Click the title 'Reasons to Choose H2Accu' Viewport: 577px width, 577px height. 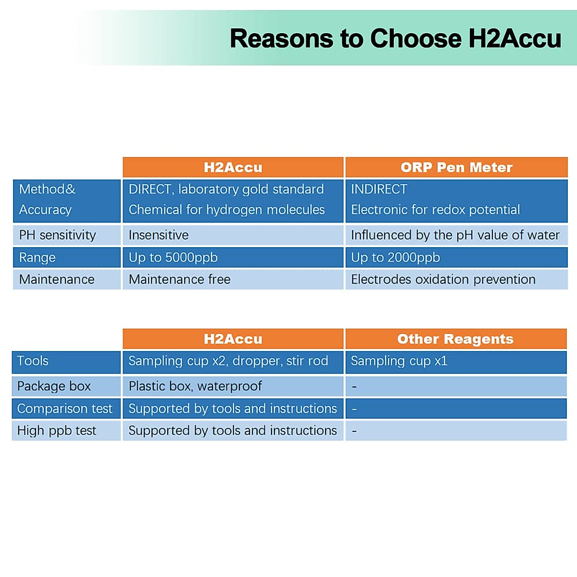click(396, 38)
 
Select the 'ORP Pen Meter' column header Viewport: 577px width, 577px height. click(457, 167)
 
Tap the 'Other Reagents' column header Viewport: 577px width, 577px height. click(455, 339)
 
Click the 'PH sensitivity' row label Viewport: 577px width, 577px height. click(58, 235)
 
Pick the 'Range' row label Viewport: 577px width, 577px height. click(37, 258)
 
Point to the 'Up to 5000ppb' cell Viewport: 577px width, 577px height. click(173, 258)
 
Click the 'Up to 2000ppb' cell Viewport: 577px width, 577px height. click(396, 258)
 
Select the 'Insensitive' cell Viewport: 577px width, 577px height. click(159, 235)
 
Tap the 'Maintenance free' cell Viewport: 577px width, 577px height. click(180, 279)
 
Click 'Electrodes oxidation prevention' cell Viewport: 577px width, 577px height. click(443, 279)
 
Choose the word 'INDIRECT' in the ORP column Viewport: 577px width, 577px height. click(379, 189)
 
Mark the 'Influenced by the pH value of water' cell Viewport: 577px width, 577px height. click(455, 235)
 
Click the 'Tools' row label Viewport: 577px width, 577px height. click(33, 361)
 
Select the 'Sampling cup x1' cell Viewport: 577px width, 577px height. click(399, 361)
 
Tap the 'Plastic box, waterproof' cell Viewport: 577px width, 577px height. click(195, 386)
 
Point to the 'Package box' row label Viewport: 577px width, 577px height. click(54, 386)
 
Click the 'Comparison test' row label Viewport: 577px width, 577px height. click(65, 409)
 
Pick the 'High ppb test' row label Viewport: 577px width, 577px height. click(57, 431)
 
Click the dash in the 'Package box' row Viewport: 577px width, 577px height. click(354, 387)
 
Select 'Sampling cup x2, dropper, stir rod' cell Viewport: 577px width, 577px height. click(228, 361)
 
